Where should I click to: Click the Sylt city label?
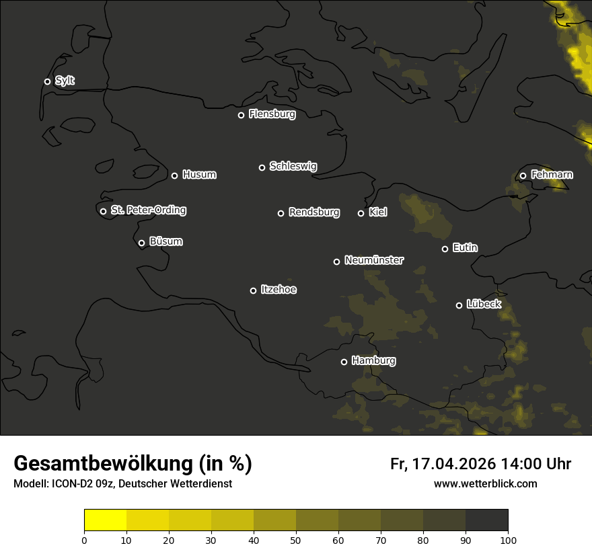click(x=65, y=81)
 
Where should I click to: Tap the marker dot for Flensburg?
click(x=241, y=115)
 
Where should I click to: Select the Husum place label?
click(x=199, y=175)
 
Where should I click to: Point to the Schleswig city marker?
click(x=262, y=167)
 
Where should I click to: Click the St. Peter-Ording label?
click(x=148, y=210)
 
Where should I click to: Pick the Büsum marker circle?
click(x=141, y=243)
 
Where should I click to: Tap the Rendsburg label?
click(x=313, y=212)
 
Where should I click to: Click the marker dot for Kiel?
click(x=361, y=213)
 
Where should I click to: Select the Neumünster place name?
click(x=373, y=260)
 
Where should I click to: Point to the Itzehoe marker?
click(x=253, y=290)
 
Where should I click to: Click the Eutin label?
click(x=465, y=248)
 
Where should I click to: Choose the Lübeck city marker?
click(x=459, y=305)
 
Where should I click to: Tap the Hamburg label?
click(x=373, y=361)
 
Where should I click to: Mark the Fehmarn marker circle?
click(x=523, y=176)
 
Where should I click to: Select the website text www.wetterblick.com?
click(x=485, y=484)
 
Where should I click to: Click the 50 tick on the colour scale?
click(x=296, y=540)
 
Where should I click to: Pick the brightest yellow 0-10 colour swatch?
click(x=105, y=520)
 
